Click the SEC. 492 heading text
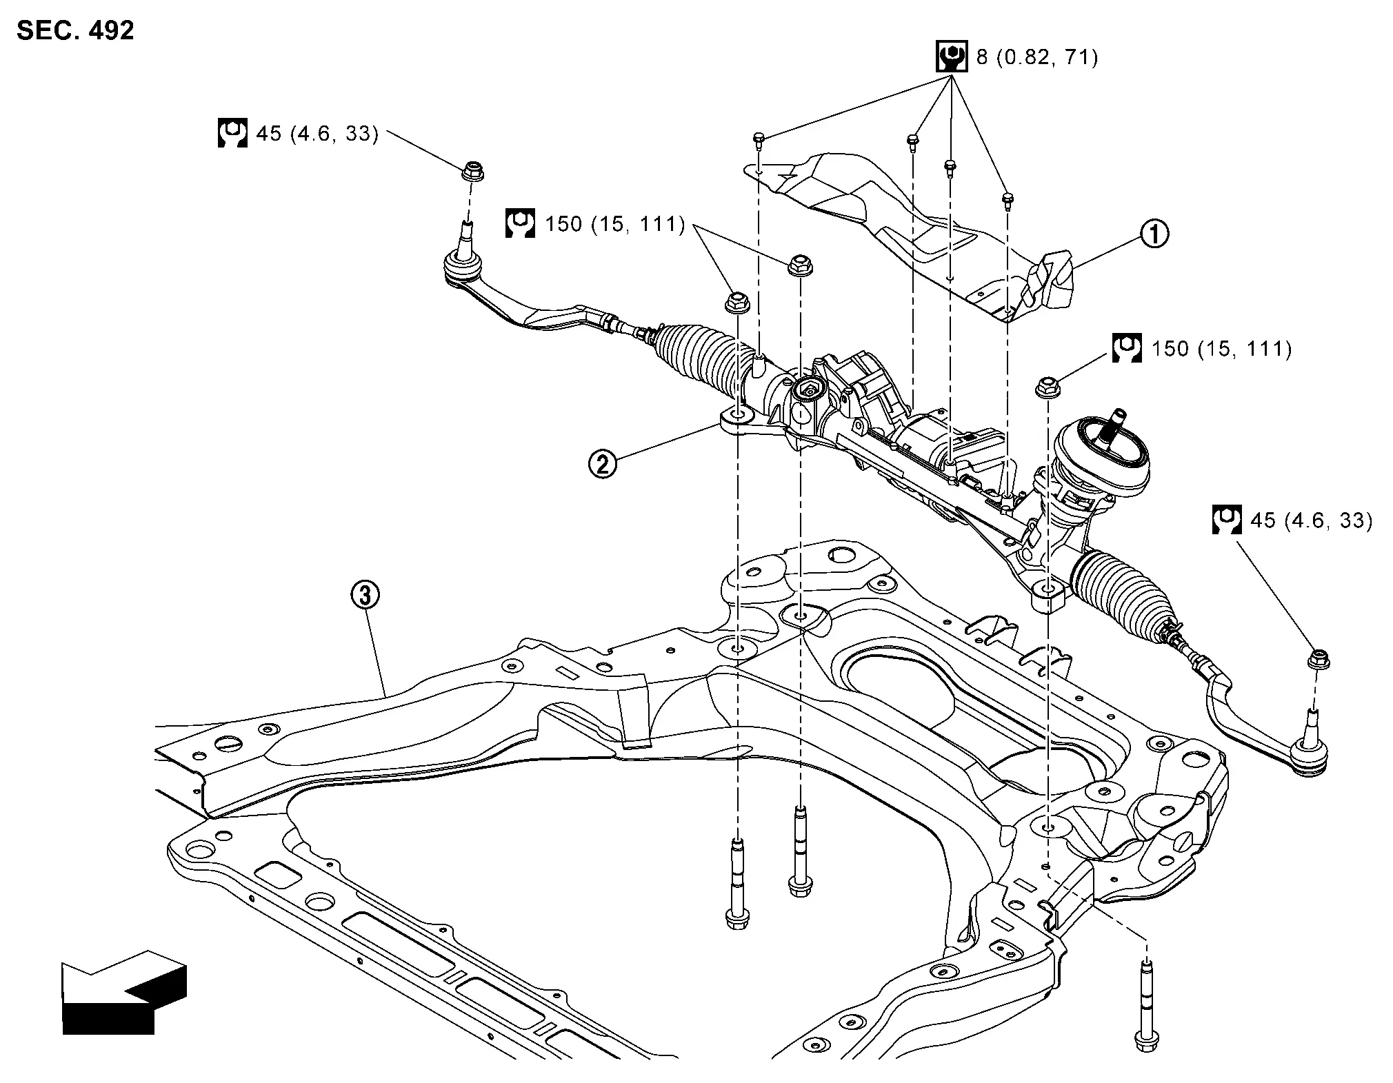tap(75, 31)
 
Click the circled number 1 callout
tap(1154, 234)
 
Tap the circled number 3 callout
tap(365, 594)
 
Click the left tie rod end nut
tap(472, 170)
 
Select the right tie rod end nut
tap(1319, 660)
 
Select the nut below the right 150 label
tap(1047, 387)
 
